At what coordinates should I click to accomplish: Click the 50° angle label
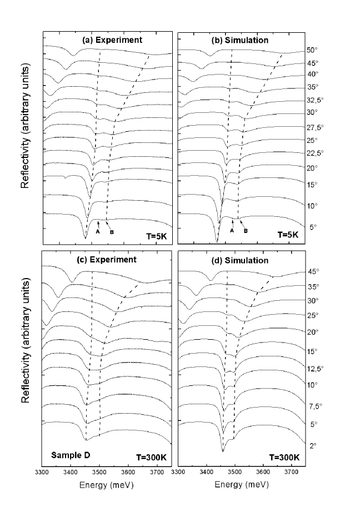point(312,49)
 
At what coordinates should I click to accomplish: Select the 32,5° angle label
point(315,101)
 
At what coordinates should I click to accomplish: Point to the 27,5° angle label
point(315,127)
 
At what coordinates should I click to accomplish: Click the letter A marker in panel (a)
point(97,232)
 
